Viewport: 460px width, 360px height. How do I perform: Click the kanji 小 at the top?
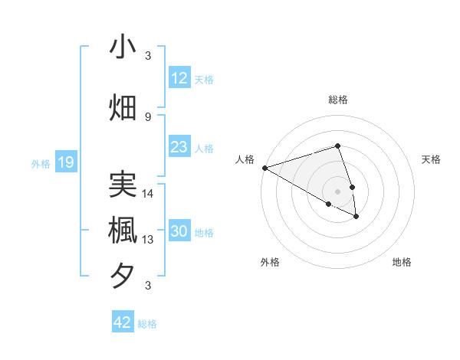123,47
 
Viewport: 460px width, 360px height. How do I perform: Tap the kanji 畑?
123,108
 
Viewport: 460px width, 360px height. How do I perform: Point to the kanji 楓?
123,231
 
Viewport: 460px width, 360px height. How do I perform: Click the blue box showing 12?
179,78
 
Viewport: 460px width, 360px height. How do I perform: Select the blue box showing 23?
179,147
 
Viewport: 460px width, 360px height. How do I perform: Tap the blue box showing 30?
179,232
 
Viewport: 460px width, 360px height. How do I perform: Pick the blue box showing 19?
65,162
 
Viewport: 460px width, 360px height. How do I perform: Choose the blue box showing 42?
123,322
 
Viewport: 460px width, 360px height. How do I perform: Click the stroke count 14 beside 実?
148,194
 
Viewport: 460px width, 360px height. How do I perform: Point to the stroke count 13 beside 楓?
148,240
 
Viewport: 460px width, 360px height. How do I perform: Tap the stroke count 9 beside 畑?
148,116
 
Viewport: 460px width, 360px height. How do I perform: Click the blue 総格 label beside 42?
147,324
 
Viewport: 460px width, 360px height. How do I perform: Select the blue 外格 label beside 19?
41,163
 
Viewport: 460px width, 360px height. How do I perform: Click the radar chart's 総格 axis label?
337,100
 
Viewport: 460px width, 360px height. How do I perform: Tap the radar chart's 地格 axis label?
402,262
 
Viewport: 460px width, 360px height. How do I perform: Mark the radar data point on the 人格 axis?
264,167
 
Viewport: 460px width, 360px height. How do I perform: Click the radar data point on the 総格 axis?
337,146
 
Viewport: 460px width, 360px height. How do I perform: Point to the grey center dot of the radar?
337,191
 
